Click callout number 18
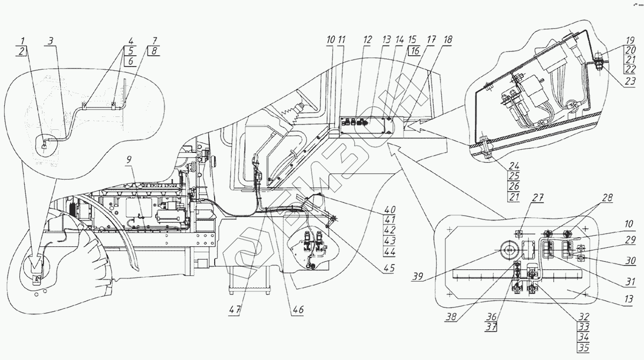pos(448,40)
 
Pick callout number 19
pos(631,40)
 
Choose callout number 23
pos(631,82)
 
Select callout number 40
pos(389,209)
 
